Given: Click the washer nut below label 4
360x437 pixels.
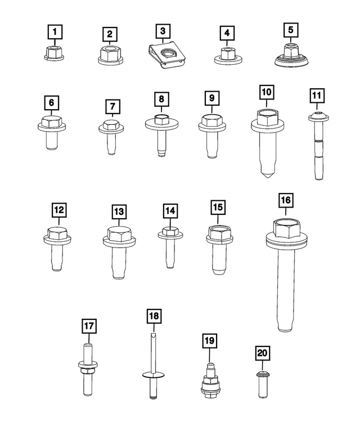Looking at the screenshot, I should pos(227,56).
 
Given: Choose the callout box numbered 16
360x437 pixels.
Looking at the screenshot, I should pos(285,200).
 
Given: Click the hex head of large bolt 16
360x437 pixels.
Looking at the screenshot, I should pos(285,228).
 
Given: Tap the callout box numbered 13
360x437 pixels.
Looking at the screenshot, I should pos(118,211).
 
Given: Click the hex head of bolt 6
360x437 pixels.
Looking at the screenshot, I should pos(51,123).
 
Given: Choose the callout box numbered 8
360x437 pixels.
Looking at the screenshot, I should pos(161,99).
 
